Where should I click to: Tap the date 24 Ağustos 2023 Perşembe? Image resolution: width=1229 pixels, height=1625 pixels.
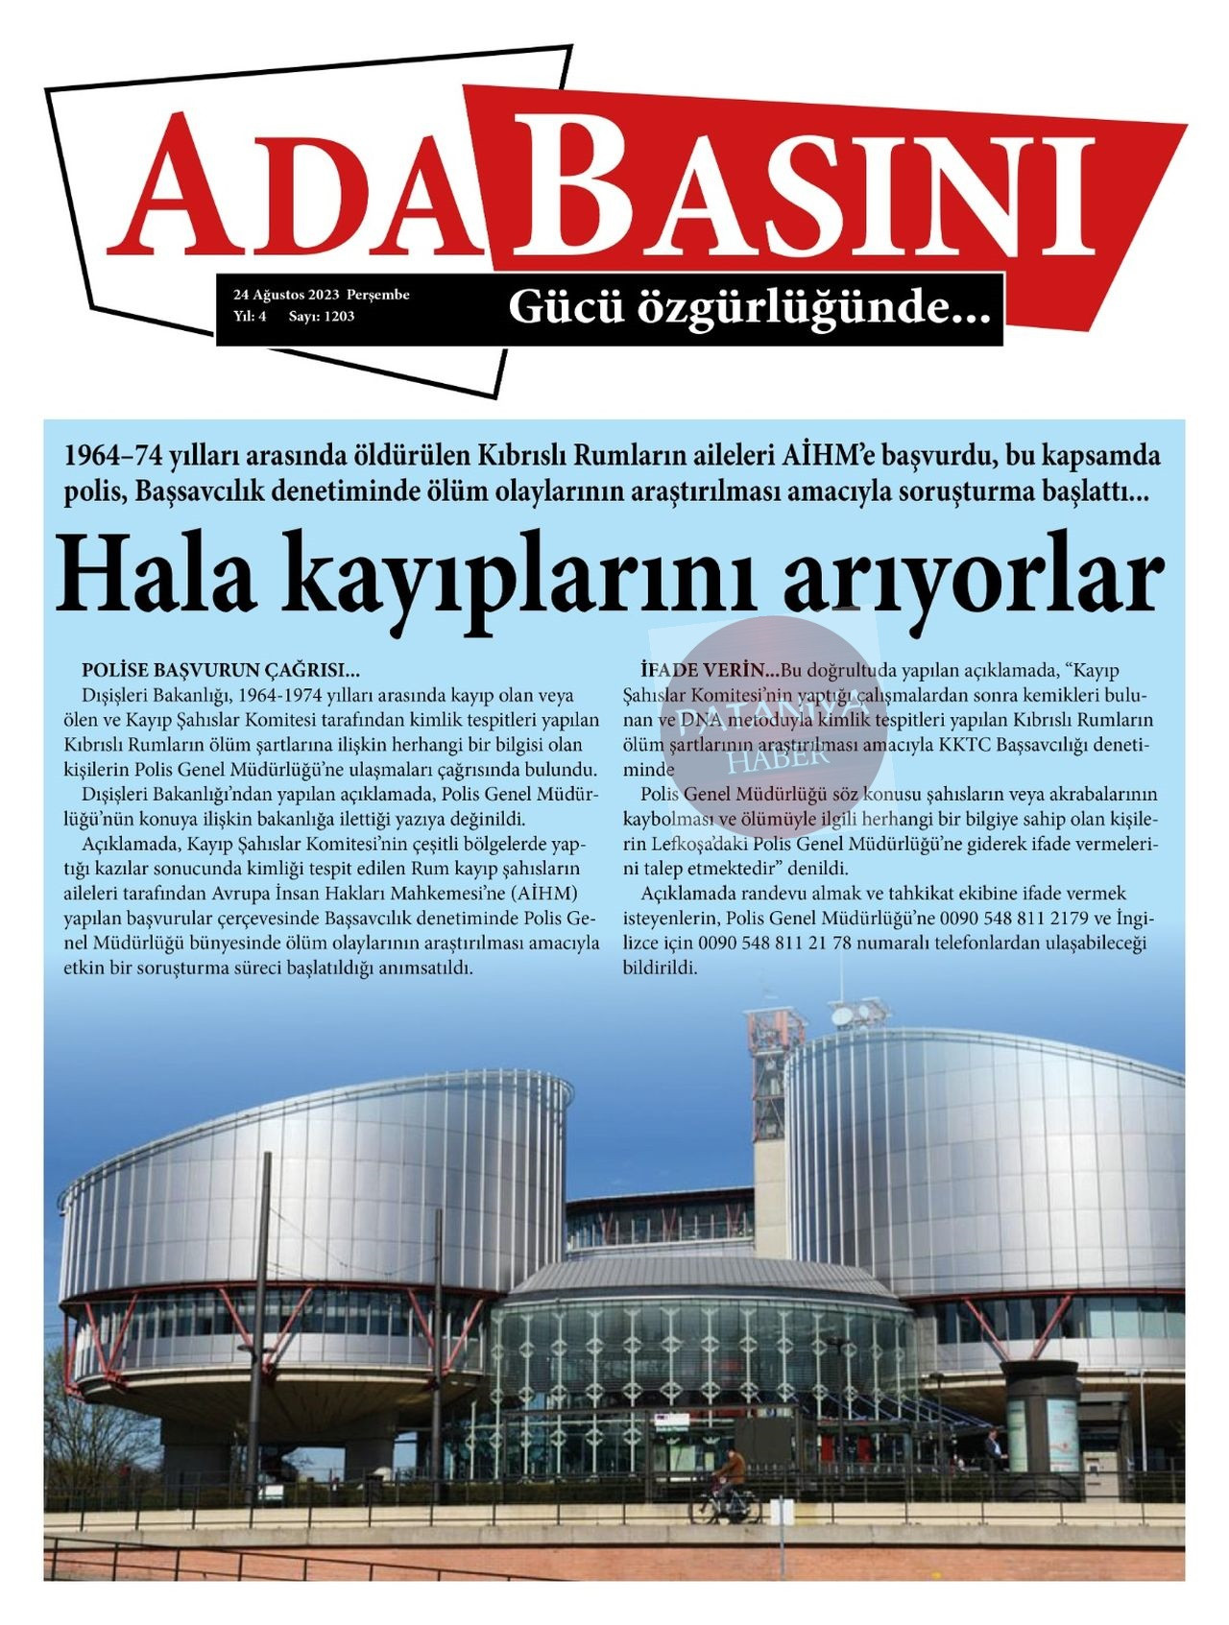click(x=322, y=295)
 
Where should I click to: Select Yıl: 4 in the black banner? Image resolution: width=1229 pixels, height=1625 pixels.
click(x=250, y=316)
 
